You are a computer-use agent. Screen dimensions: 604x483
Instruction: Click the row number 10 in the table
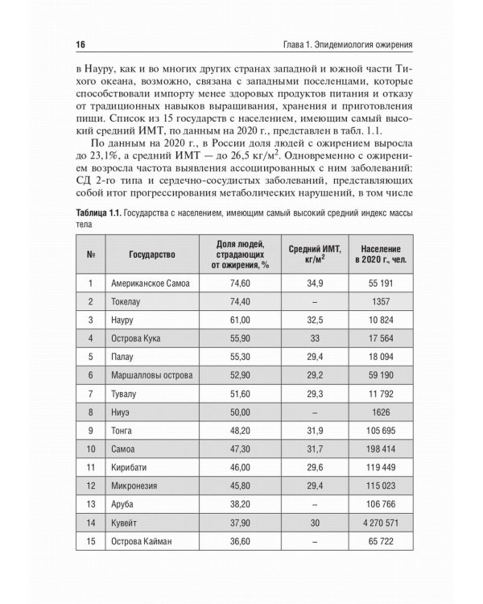point(91,449)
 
